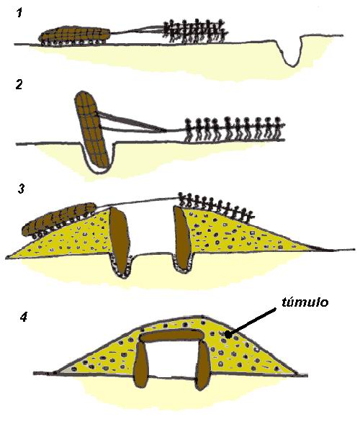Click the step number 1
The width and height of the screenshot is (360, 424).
19,13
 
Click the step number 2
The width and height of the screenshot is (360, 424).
19,85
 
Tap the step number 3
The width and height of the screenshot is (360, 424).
21,189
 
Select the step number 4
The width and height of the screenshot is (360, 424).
24,317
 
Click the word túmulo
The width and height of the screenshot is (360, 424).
305,302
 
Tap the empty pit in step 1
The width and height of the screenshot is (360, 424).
292,53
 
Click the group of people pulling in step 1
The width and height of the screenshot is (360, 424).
195,31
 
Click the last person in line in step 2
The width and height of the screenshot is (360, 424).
277,129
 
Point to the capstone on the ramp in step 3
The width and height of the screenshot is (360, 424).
59,219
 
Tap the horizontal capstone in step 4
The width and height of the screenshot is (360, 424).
171,337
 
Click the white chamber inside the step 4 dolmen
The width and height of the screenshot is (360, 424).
173,360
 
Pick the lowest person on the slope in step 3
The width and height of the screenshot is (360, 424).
249,215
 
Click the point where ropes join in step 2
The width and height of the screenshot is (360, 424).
166,130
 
